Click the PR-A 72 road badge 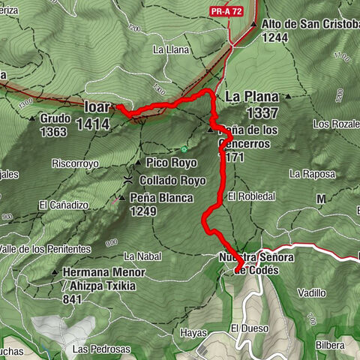227,11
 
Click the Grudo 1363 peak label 55,124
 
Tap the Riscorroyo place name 76,162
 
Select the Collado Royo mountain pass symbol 130,181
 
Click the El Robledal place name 253,196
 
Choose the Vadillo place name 311,292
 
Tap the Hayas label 192,331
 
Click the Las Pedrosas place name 101,349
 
